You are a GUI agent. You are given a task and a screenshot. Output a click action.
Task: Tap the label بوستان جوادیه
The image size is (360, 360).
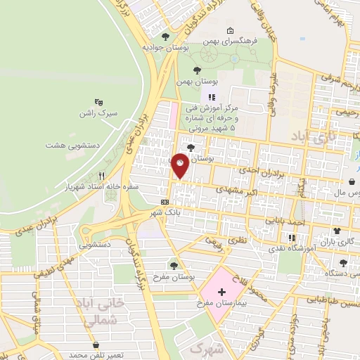tap(165, 48)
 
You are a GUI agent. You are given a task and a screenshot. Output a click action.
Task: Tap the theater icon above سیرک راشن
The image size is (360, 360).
tap(98, 101)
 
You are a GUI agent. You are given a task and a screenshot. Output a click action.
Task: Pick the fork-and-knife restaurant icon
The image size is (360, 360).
tap(102, 176)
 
